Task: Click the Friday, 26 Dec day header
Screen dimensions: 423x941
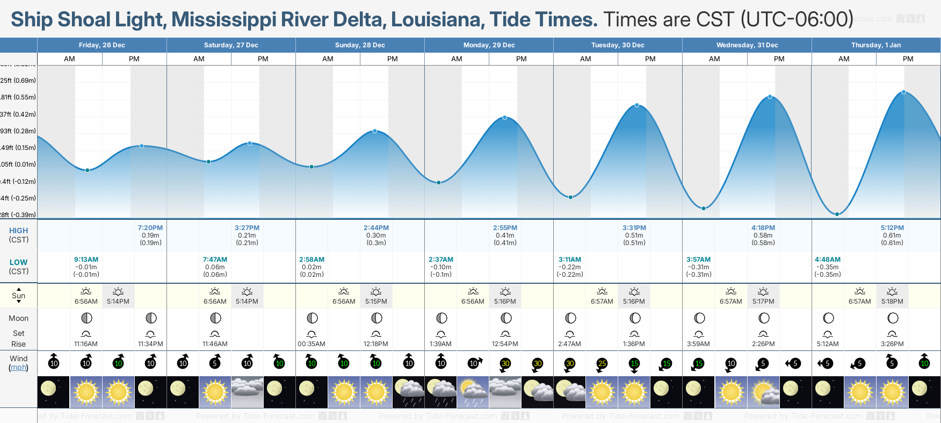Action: pyautogui.click(x=102, y=45)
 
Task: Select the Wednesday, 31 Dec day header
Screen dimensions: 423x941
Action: pyautogui.click(x=747, y=45)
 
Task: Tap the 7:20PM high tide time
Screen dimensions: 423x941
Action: pyautogui.click(x=150, y=228)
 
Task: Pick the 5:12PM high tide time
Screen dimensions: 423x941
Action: pyautogui.click(x=892, y=228)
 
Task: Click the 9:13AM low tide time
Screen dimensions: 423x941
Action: pyautogui.click(x=86, y=260)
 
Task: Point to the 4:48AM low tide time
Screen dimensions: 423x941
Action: pyautogui.click(x=828, y=260)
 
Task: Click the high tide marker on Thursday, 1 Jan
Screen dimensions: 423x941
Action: pyautogui.click(x=904, y=92)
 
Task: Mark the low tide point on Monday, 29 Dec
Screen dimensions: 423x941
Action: pyautogui.click(x=439, y=183)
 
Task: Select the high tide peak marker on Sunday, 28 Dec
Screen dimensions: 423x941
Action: pyautogui.click(x=375, y=131)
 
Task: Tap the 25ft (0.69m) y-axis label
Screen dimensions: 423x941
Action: pyautogui.click(x=18, y=81)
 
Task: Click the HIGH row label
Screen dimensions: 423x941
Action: pyautogui.click(x=18, y=231)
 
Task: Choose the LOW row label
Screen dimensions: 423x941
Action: pyautogui.click(x=18, y=262)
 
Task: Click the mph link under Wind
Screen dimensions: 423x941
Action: pyautogui.click(x=18, y=368)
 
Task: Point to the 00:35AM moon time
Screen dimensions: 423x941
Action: pyautogui.click(x=312, y=344)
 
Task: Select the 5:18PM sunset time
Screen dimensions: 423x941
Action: pyautogui.click(x=892, y=302)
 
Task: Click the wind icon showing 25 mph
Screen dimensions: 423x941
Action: pyautogui.click(x=602, y=364)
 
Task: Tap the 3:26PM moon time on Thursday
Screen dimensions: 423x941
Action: pyautogui.click(x=892, y=344)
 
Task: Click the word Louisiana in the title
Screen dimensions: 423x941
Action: pyautogui.click(x=437, y=20)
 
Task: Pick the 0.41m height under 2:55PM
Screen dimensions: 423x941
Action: pyautogui.click(x=505, y=235)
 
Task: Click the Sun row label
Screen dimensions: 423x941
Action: pyautogui.click(x=18, y=296)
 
